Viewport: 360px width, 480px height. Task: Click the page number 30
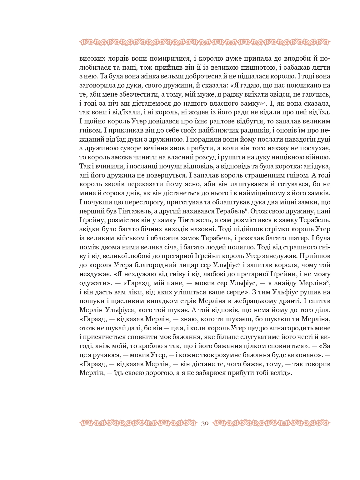point(205,423)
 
